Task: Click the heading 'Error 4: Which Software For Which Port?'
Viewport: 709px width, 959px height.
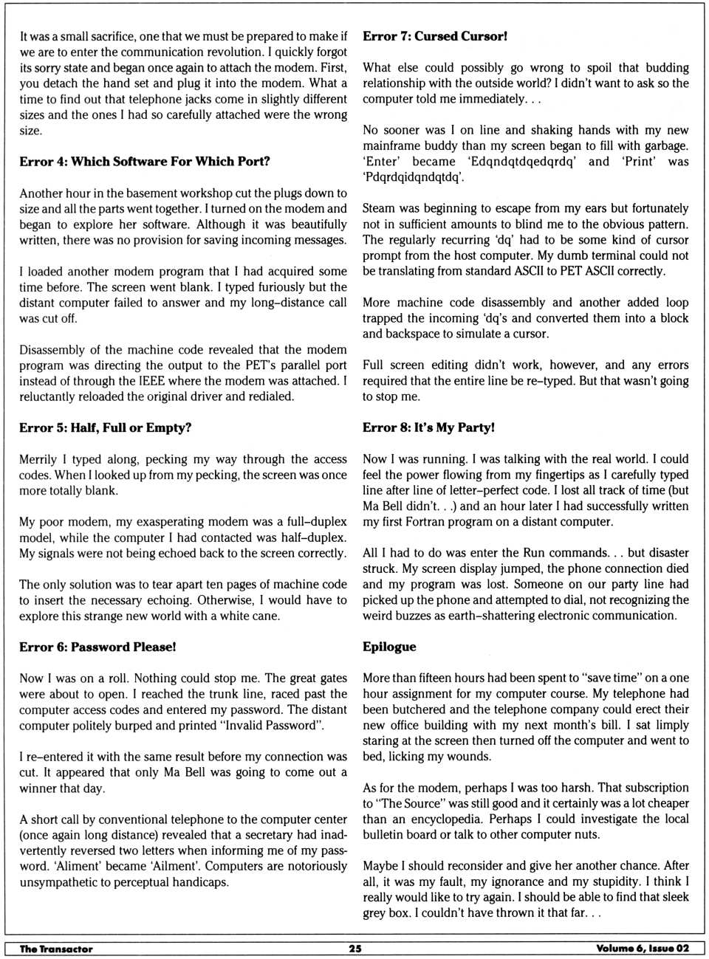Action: coord(145,162)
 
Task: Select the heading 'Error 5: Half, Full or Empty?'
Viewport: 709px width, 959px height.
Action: coord(106,428)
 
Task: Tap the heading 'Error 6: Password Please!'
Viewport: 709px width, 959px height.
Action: coord(97,647)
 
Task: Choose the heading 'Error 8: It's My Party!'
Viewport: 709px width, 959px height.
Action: coord(428,428)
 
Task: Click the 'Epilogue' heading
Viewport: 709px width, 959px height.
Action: coord(389,647)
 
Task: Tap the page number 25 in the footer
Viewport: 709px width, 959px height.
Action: coord(355,949)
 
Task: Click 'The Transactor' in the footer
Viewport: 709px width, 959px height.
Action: coord(56,949)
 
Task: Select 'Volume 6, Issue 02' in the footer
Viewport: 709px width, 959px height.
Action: coord(642,949)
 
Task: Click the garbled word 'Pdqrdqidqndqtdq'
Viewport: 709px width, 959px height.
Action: coord(414,177)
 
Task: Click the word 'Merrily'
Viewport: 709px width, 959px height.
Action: coord(38,459)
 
